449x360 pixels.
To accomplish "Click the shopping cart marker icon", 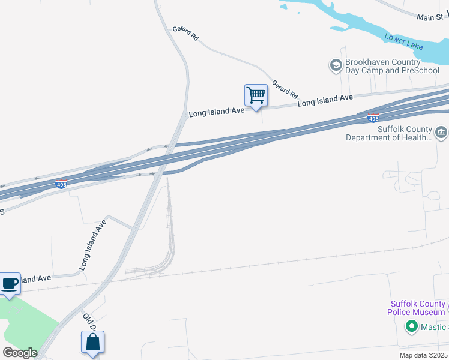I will [256, 95].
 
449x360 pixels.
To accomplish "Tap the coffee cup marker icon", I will [10, 283].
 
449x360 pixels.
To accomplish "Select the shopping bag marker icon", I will [93, 343].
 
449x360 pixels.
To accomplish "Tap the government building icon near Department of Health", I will [441, 132].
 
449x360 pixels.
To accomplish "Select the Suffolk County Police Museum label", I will [418, 308].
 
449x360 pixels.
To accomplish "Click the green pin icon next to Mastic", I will [411, 327].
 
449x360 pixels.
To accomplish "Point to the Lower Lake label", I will [404, 43].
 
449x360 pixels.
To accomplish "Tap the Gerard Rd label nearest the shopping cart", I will [285, 89].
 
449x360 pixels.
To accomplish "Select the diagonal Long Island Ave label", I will [92, 244].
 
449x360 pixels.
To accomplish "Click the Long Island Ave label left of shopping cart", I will [217, 112].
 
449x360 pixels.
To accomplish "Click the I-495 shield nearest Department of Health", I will [373, 118].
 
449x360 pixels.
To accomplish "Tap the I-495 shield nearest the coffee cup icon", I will [61, 184].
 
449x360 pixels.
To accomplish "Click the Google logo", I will [20, 353].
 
